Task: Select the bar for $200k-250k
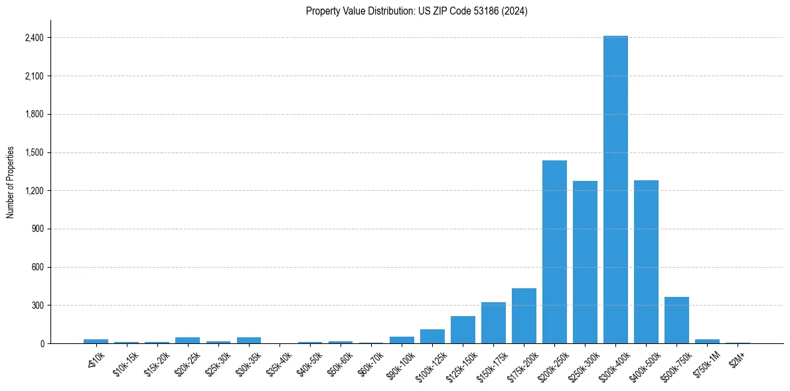pos(554,252)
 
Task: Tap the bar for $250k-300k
pos(585,262)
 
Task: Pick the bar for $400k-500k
pos(646,262)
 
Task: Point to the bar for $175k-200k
pos(524,316)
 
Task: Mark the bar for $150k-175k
pos(493,323)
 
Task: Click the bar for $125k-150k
pos(463,330)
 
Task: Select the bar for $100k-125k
pos(432,337)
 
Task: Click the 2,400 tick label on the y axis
pos(34,38)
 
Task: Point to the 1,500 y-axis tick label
pos(34,152)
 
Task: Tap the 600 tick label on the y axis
pos(37,267)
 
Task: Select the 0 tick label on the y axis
pos(41,344)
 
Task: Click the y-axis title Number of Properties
pos(11,182)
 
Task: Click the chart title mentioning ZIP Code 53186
pos(417,11)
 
